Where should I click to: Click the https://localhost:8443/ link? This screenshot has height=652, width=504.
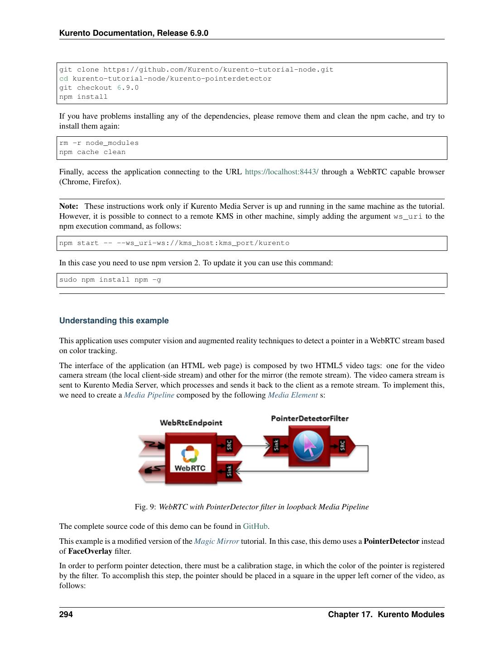tap(281, 172)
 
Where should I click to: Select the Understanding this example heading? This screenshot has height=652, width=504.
tap(114, 321)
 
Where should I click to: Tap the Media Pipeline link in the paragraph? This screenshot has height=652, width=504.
tap(149, 395)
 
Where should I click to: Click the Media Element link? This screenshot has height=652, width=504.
tap(293, 395)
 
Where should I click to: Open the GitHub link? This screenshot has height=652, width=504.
tap(255, 527)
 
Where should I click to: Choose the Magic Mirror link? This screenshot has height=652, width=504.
tap(216, 542)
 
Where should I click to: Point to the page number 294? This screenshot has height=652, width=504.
tap(66, 614)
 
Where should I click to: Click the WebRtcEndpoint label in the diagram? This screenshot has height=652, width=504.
tap(191, 423)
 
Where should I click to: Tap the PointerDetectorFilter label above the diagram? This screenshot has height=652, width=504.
tap(310, 418)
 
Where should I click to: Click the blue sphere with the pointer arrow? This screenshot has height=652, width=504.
tap(308, 446)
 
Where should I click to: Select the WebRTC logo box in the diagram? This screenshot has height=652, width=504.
tap(190, 458)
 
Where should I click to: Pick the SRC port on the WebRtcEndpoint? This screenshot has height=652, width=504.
tap(229, 445)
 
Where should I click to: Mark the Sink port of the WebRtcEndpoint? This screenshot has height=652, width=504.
tap(229, 471)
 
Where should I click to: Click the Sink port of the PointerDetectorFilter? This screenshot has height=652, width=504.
tap(276, 445)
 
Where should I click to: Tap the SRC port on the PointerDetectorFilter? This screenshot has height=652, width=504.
tap(342, 445)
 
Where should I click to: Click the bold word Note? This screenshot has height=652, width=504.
tap(68, 206)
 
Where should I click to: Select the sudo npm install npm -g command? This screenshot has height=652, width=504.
tap(110, 280)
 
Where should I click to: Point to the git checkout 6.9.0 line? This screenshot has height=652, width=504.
tap(99, 88)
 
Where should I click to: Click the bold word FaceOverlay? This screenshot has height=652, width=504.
tap(90, 551)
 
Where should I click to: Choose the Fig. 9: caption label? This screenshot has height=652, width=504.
tap(145, 507)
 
